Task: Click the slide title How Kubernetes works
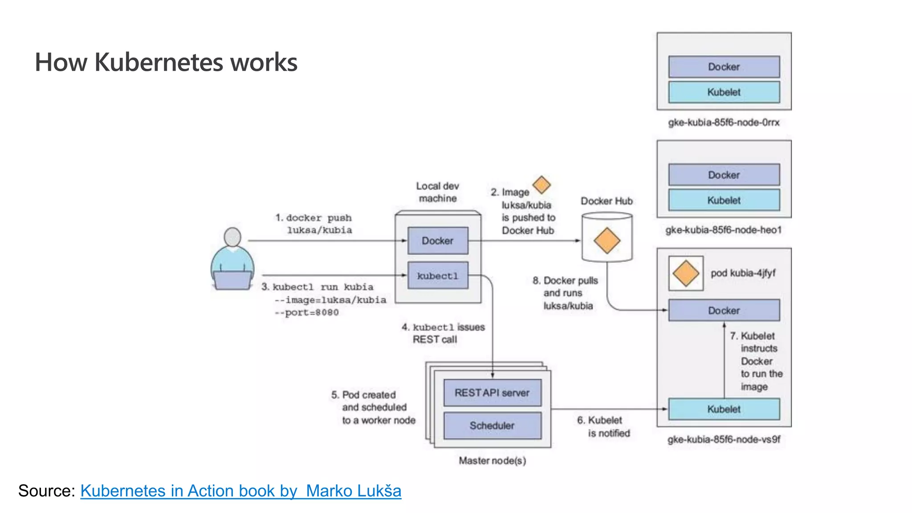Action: tap(166, 62)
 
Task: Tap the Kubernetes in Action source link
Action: tap(240, 491)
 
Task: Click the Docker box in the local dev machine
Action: tap(438, 241)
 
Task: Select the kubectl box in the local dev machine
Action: tap(438, 276)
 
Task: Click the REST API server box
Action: tap(492, 393)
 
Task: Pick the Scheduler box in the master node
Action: tap(492, 426)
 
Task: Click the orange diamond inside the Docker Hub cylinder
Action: tap(607, 240)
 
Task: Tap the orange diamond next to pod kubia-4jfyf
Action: tap(685, 273)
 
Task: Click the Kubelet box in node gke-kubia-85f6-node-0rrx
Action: tap(724, 92)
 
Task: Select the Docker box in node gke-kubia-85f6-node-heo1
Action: tap(724, 175)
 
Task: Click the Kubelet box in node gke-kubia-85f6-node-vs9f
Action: tap(724, 409)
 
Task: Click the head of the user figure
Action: tap(232, 237)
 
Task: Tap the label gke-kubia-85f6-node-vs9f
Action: tap(724, 440)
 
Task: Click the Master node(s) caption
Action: tap(492, 461)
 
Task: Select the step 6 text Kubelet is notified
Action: tap(604, 427)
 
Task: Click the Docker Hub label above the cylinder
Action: tap(607, 201)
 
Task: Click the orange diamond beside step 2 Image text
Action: tap(541, 184)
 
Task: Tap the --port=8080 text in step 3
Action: tap(307, 313)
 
